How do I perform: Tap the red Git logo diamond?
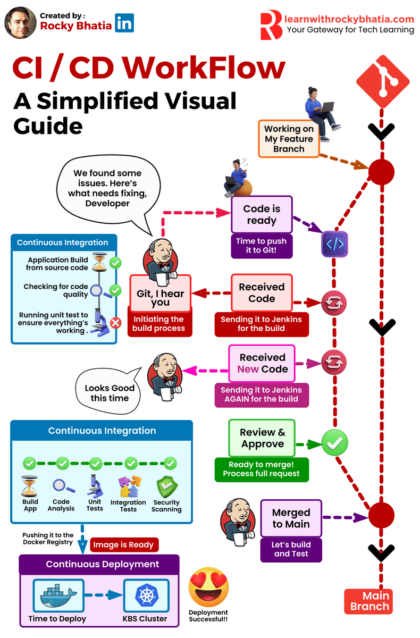pos(382,80)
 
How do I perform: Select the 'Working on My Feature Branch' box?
pos(289,139)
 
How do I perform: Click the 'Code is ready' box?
pos(261,214)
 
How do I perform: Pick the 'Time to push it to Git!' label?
pos(261,246)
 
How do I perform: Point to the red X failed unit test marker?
pos(115,322)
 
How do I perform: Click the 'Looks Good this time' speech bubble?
pos(110,393)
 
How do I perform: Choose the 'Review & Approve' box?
pos(262,438)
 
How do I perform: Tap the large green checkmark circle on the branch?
pos(335,442)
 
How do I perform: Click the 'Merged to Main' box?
pos(291,518)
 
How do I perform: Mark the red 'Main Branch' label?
pos(369,601)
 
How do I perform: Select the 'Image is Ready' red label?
pos(123,544)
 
